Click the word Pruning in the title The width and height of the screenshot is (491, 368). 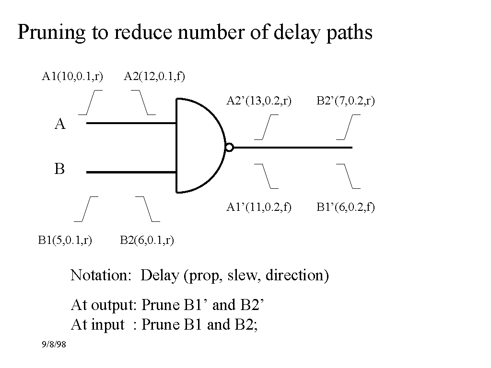click(51, 32)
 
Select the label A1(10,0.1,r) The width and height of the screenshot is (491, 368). click(72, 76)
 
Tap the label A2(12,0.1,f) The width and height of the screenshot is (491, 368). click(154, 76)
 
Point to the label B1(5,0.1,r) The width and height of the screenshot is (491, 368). click(65, 240)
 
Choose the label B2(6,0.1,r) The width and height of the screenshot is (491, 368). click(147, 240)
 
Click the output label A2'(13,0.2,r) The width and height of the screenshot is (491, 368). click(259, 101)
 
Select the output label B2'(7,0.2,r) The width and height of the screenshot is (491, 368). click(346, 101)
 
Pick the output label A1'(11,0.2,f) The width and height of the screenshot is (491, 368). click(259, 207)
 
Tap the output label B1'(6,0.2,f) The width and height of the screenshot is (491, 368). click(346, 207)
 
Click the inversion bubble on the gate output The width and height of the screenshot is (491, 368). click(229, 148)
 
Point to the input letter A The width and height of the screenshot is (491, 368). click(60, 124)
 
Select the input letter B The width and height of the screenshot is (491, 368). click(59, 169)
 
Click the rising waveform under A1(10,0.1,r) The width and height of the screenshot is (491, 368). click(90, 103)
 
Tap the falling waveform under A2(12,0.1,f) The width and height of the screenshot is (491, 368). click(143, 103)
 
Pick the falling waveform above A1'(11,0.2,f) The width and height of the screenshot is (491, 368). click(266, 176)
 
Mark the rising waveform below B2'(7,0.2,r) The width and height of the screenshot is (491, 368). click(348, 127)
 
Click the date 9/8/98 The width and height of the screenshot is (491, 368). click(54, 344)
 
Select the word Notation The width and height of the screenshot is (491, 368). click(101, 275)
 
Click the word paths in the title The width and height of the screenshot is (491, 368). click(350, 33)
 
